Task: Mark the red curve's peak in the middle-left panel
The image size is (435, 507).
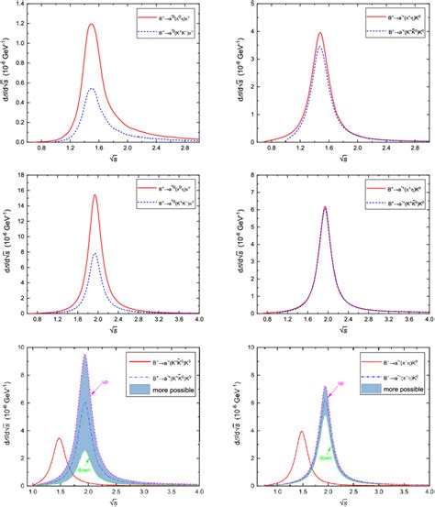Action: click(120, 194)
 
